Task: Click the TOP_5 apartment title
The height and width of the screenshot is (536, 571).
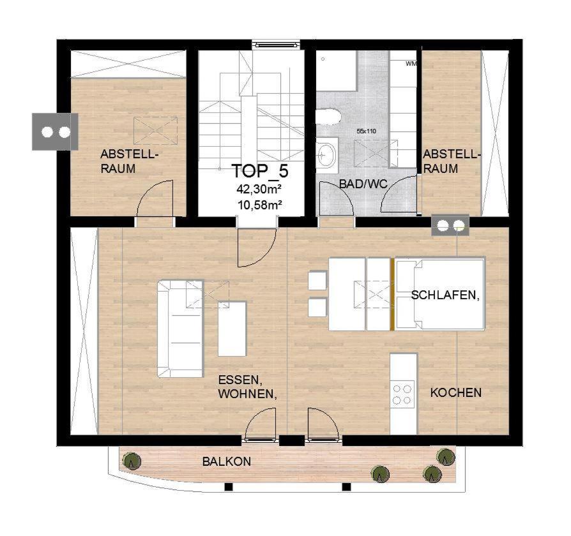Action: tap(260, 171)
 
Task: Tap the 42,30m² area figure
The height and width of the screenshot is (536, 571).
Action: tap(260, 190)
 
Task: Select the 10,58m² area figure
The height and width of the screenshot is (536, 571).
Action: tap(260, 205)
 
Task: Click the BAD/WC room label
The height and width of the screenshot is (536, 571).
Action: tap(363, 184)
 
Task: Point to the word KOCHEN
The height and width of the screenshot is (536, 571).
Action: tap(456, 392)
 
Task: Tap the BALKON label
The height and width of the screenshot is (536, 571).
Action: tap(227, 461)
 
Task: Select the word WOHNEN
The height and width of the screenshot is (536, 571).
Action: tap(247, 394)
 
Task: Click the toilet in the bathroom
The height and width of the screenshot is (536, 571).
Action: tap(328, 117)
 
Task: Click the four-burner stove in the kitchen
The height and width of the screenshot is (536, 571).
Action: tap(402, 394)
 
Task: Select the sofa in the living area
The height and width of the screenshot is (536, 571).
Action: tap(180, 329)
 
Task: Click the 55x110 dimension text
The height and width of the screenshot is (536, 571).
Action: tap(366, 131)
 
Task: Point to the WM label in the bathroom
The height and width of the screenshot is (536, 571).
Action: tap(411, 64)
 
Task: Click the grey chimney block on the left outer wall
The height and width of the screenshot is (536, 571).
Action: tap(55, 131)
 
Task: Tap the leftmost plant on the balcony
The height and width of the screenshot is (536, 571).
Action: tap(132, 461)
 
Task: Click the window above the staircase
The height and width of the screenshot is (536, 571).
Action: tap(277, 45)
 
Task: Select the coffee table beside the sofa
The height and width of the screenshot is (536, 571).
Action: tap(232, 329)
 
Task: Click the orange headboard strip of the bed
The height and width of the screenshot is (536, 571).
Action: tap(392, 294)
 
